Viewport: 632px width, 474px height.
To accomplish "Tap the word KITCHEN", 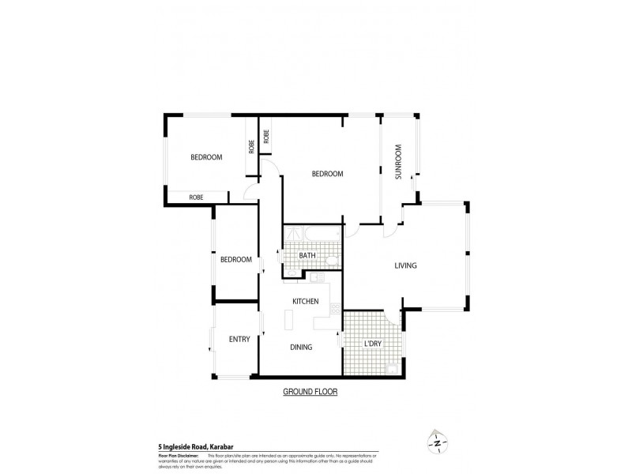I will click(305, 302).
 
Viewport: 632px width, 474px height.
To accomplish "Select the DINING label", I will click(301, 347).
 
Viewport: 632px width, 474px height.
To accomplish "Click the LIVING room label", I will click(405, 265).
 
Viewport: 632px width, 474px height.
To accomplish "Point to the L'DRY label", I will click(374, 344).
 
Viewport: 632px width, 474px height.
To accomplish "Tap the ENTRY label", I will click(239, 340).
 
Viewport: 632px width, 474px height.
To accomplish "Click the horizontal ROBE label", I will click(197, 196).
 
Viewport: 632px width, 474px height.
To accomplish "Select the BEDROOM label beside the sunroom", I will click(326, 174).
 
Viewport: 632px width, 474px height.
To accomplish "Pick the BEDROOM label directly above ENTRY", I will click(235, 259).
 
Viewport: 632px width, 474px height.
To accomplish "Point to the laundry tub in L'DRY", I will click(393, 367).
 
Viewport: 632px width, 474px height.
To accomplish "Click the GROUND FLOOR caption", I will click(310, 391).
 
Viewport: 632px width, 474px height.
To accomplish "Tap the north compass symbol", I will click(435, 442).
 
